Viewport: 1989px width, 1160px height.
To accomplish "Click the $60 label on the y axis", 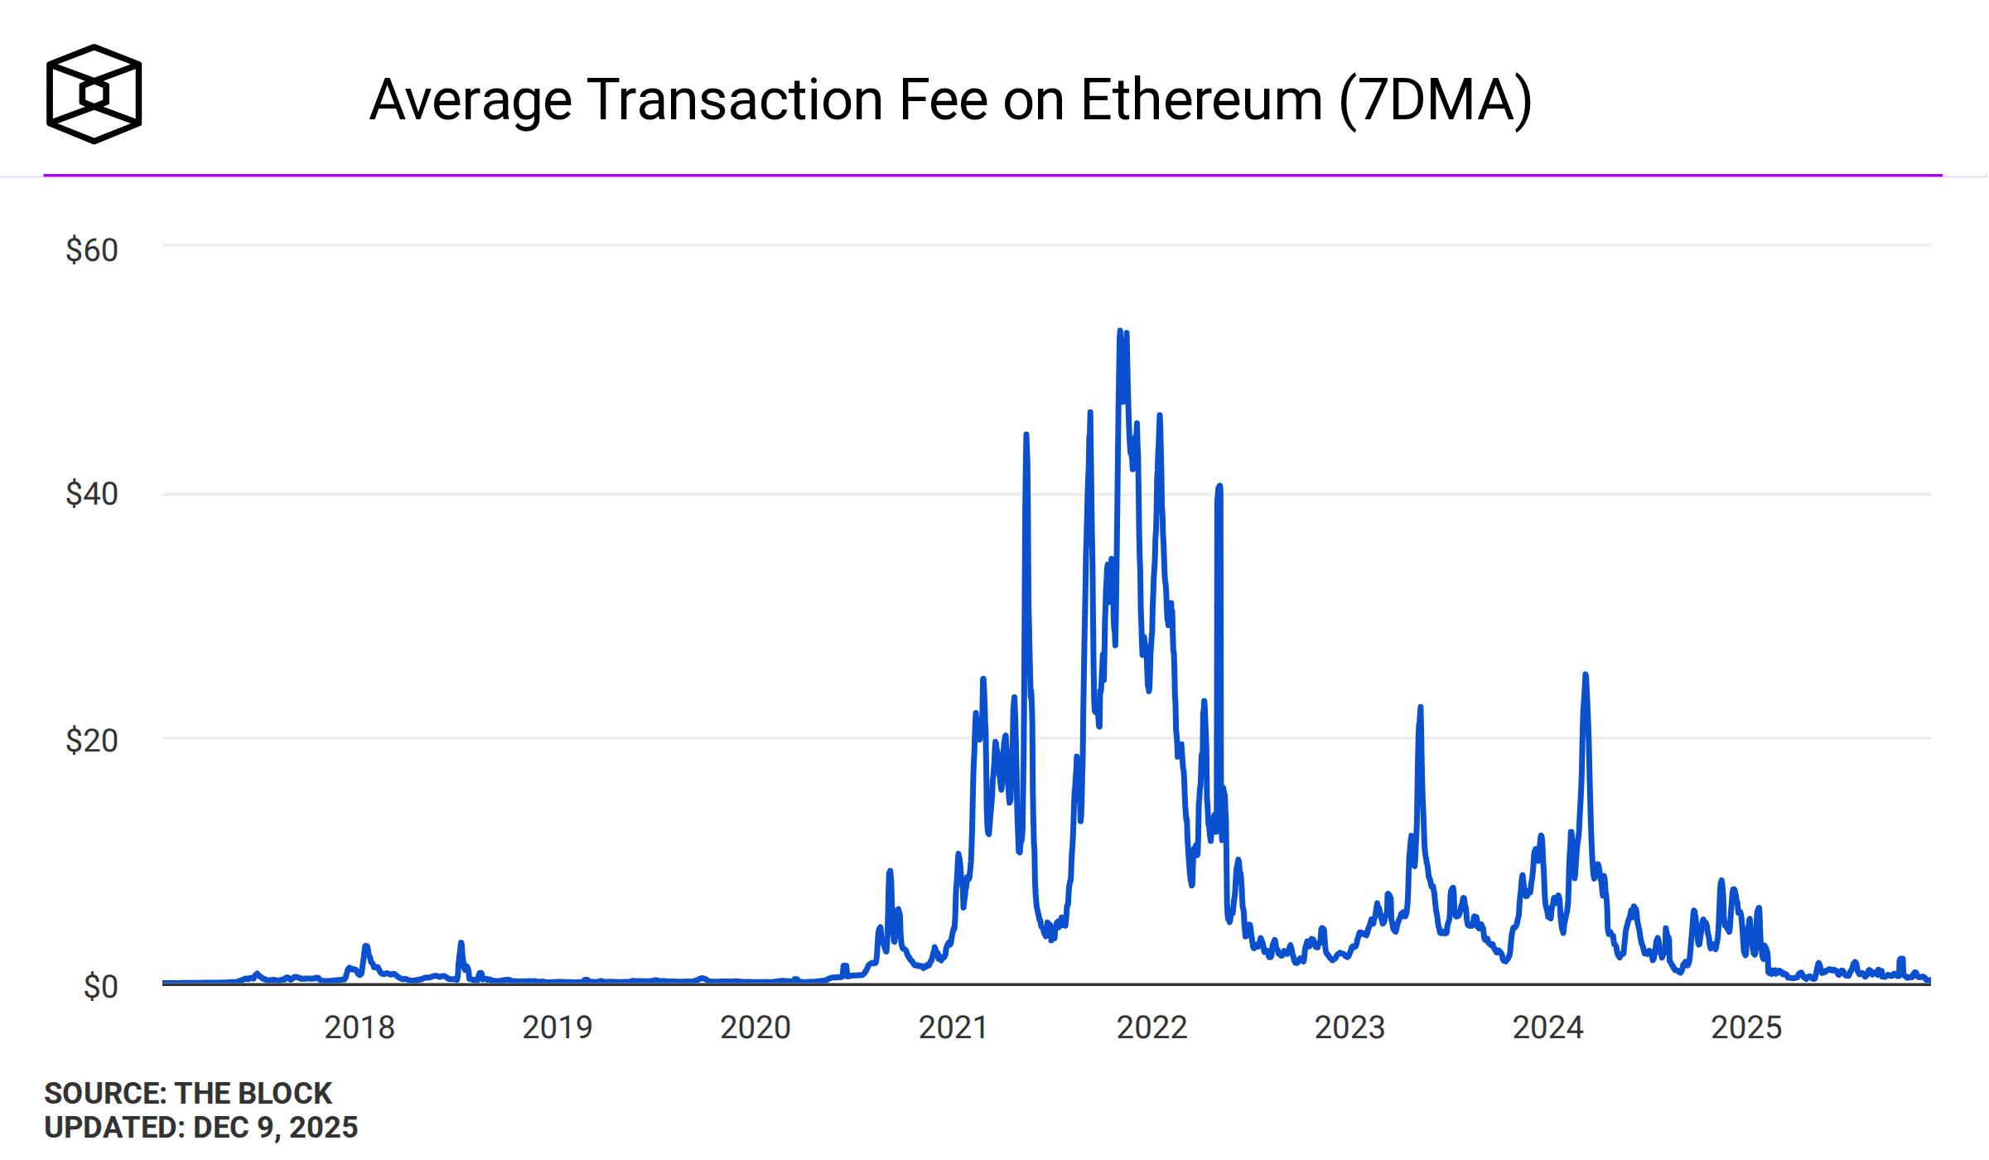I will (x=92, y=250).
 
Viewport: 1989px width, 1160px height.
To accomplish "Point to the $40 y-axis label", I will (x=92, y=494).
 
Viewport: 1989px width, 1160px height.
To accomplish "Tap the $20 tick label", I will (x=92, y=740).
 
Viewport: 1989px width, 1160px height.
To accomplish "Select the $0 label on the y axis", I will (x=101, y=987).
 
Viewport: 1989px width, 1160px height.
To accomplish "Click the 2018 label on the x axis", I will (x=360, y=1027).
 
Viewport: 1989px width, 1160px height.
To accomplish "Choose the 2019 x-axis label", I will (x=558, y=1027).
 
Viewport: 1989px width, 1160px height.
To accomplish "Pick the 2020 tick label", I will (x=756, y=1027).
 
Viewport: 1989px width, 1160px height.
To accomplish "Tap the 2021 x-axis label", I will (x=953, y=1027).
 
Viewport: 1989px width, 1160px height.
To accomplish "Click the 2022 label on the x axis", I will (x=1152, y=1027).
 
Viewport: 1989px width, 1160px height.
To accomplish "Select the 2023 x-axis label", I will (x=1350, y=1027).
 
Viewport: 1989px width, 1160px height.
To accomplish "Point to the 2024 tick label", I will (x=1548, y=1027).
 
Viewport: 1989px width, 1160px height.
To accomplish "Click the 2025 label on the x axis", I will (x=1746, y=1027).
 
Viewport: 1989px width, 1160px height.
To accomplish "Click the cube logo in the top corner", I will (x=94, y=94).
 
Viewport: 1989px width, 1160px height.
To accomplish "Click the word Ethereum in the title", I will (x=1201, y=100).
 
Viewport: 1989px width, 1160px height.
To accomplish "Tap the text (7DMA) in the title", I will (x=1436, y=100).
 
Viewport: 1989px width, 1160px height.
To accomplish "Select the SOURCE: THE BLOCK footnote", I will (x=188, y=1093).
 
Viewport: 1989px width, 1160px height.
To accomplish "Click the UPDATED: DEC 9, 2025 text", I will (x=201, y=1128).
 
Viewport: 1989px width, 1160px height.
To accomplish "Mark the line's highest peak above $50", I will (x=1120, y=331).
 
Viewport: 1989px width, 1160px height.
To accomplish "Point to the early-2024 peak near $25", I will (x=1586, y=675).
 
